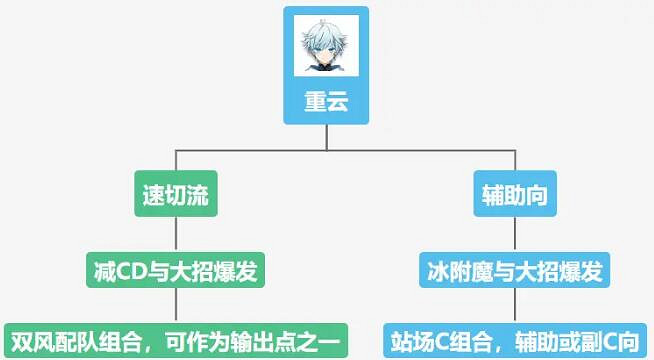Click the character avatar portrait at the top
[x=326, y=49]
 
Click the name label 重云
[x=326, y=103]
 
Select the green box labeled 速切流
[x=176, y=195]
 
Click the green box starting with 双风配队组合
[x=176, y=337]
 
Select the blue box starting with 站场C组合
[x=516, y=337]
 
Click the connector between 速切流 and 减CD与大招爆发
[x=176, y=233]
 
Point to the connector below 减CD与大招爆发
[x=176, y=304]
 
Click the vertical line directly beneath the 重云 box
[x=326, y=138]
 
